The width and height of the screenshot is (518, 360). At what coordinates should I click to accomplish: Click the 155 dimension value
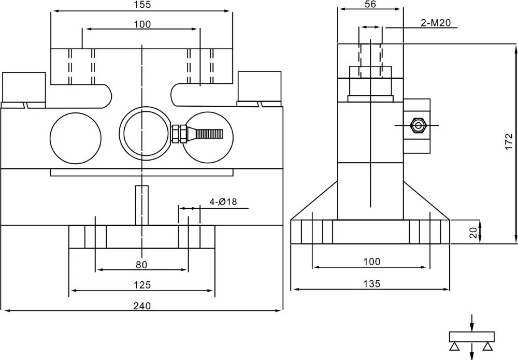tap(143, 5)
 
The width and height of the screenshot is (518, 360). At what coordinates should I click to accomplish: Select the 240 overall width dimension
tap(142, 306)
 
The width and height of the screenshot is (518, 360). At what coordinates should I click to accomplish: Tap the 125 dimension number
tap(142, 285)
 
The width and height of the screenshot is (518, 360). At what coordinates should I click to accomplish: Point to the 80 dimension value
tap(141, 265)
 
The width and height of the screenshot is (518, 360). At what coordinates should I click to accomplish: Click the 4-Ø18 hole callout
tap(223, 202)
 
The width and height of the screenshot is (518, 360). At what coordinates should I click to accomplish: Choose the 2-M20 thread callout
tap(436, 23)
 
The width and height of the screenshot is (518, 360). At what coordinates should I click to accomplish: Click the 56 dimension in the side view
tap(370, 4)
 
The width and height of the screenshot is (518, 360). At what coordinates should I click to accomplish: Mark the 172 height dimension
tap(509, 141)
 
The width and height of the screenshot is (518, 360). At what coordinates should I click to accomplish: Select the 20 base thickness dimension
tap(474, 233)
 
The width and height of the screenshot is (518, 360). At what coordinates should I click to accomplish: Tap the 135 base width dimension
tap(372, 284)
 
